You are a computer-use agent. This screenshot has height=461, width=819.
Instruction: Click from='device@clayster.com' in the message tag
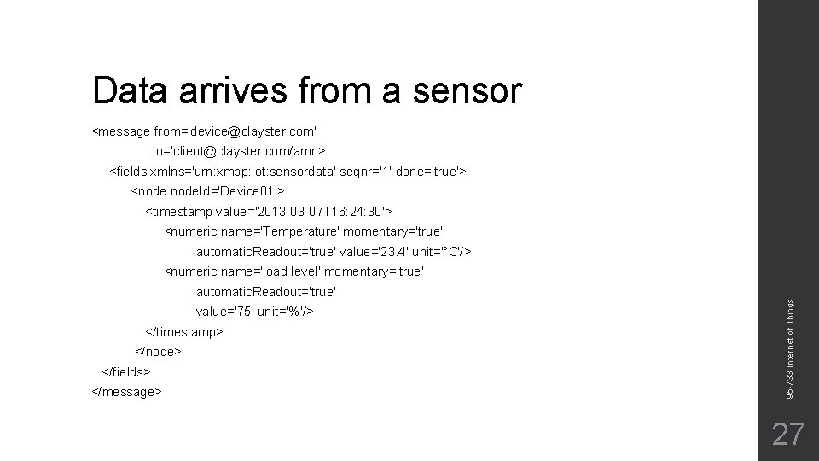point(235,131)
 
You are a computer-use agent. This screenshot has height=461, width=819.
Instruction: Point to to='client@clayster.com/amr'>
point(239,151)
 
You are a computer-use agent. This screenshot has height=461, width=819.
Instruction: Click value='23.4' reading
point(379,252)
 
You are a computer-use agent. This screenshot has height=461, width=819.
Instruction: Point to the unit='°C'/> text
point(447,252)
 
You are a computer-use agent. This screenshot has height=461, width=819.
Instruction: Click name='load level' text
point(259,271)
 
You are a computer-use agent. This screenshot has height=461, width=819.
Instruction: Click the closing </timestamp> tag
point(184,331)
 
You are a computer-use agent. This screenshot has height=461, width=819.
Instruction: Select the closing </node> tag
point(159,352)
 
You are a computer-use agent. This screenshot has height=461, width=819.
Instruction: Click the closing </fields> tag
point(126,372)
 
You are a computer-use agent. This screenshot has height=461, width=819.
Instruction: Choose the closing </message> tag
point(126,392)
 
